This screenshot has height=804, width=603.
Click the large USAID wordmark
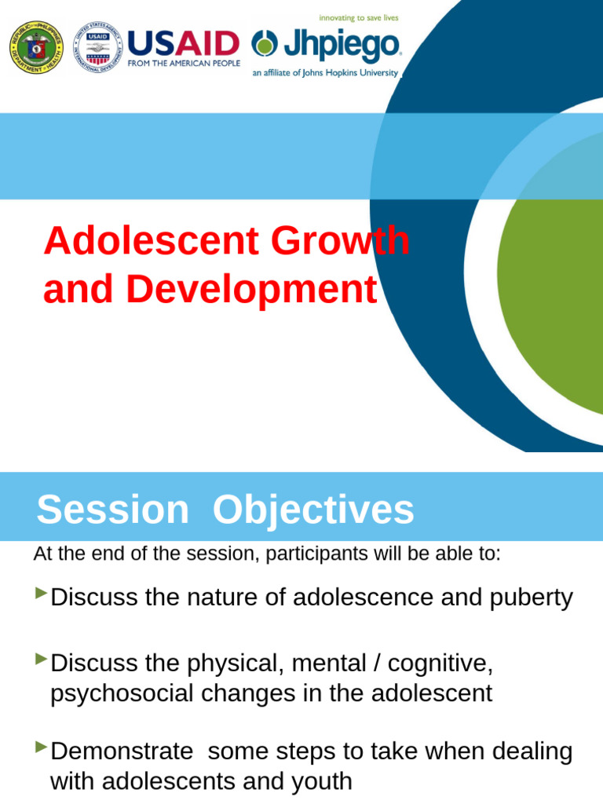[183, 44]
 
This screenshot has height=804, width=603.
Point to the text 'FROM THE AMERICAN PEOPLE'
[184, 63]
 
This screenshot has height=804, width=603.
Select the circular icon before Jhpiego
[265, 45]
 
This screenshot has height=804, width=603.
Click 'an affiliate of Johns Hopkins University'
[325, 72]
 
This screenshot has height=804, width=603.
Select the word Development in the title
[251, 290]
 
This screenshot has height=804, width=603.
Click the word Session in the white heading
[112, 510]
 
